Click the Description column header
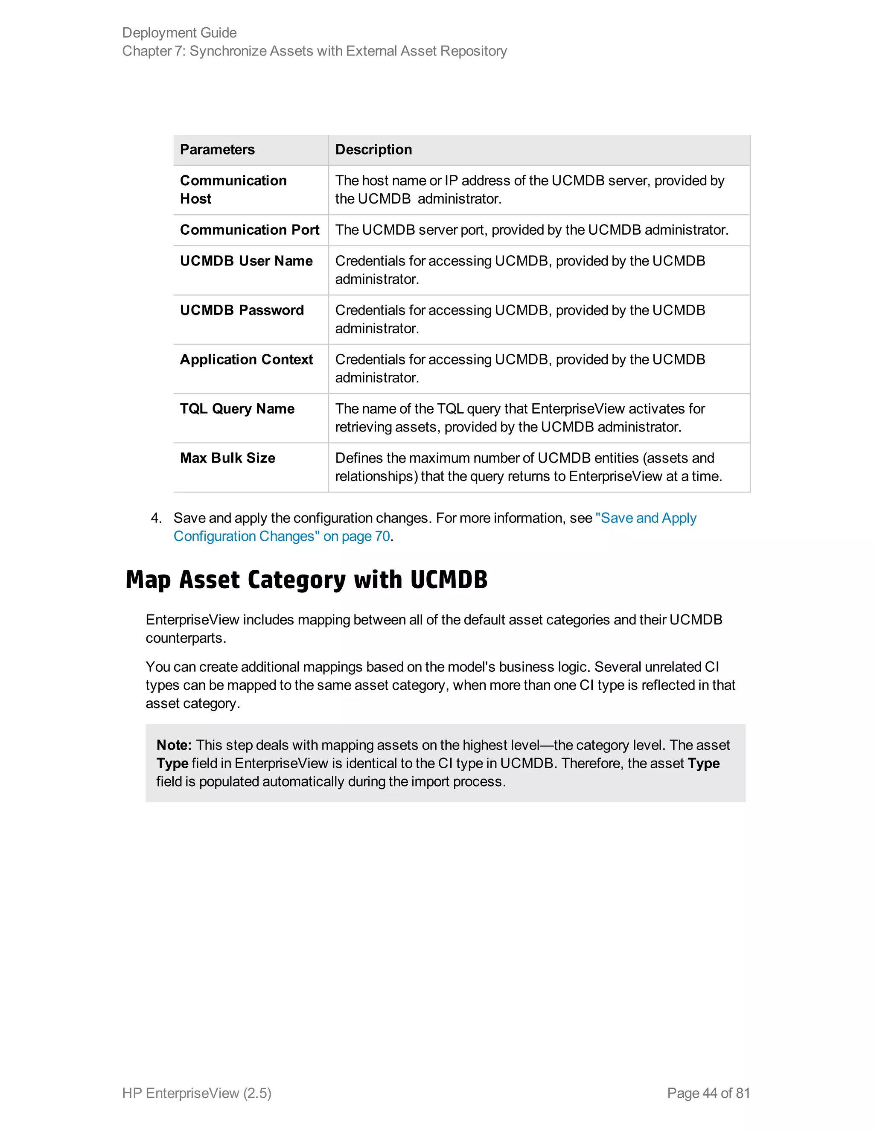pos(373,150)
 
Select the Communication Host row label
pos(233,189)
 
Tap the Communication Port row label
pos(249,230)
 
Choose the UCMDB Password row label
pos(242,310)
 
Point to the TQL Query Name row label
pos(237,408)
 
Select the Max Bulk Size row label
pos(227,458)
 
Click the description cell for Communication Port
pos(531,230)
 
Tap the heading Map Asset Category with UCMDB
pos(306,580)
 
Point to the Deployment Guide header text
pos(179,32)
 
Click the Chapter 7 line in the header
pos(314,51)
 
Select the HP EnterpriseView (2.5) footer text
pos(197,1093)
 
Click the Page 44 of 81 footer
pos(708,1093)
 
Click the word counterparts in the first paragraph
pos(185,638)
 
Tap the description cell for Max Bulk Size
pos(528,467)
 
